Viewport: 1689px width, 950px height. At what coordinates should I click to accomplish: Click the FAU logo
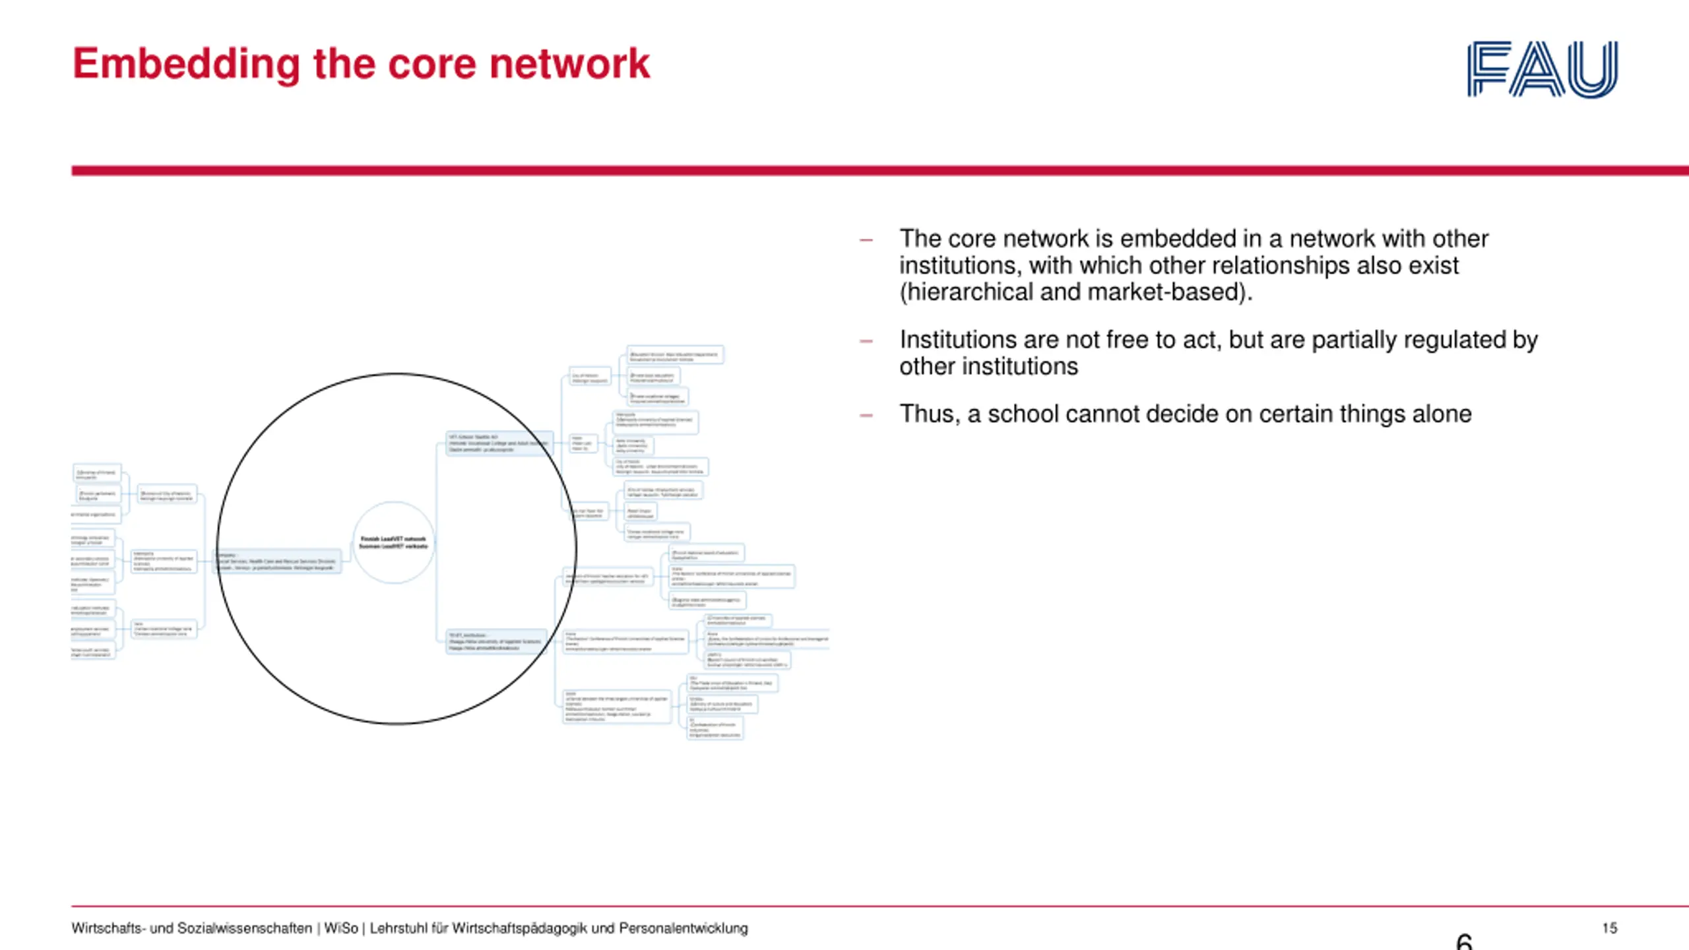click(x=1542, y=69)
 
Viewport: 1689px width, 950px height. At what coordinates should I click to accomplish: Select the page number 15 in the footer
click(x=1609, y=928)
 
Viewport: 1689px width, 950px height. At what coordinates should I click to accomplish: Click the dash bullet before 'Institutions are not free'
click(x=866, y=341)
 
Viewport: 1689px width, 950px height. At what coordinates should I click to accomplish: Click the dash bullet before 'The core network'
click(x=866, y=240)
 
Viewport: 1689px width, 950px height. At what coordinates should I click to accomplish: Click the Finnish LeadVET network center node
click(x=394, y=542)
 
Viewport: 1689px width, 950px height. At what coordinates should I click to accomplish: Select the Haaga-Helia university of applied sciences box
click(x=496, y=641)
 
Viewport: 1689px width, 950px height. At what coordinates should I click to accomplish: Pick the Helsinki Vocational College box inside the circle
click(x=499, y=443)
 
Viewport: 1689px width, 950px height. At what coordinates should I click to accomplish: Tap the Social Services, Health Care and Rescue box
click(x=278, y=561)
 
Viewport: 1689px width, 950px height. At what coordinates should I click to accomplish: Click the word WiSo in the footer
click(x=340, y=928)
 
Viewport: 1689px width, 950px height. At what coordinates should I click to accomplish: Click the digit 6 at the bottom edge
click(x=1464, y=941)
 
